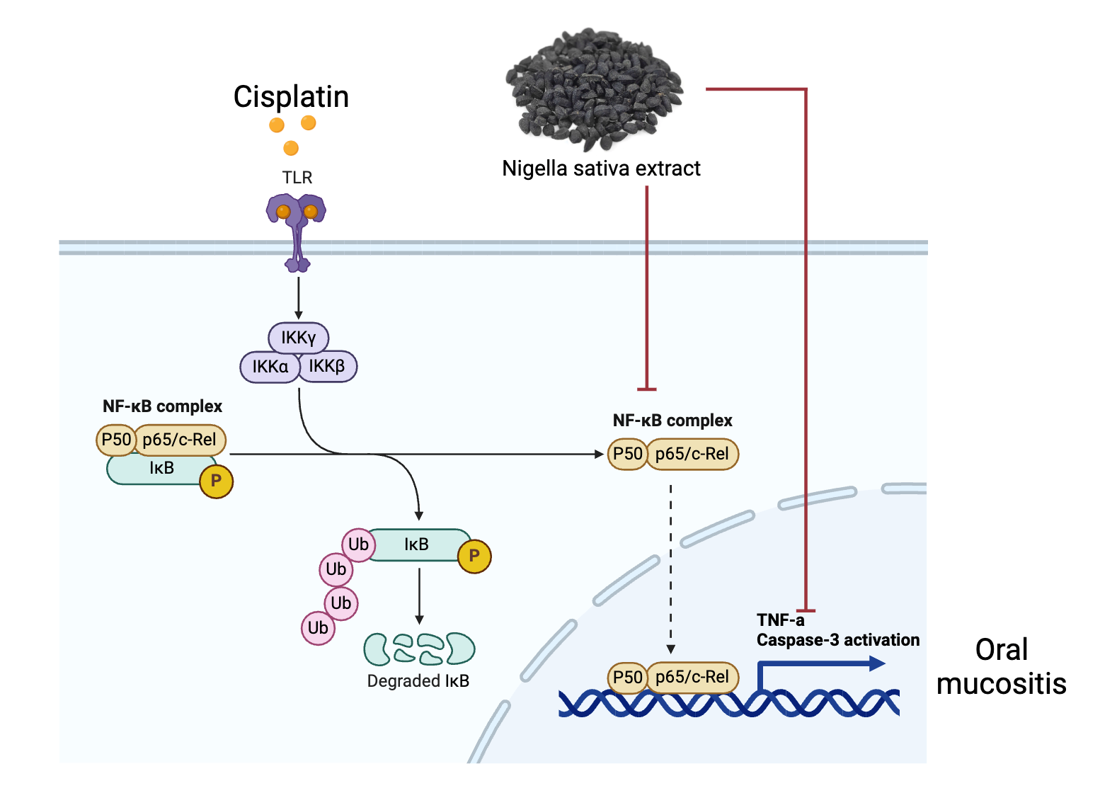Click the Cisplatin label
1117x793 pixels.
coord(291,97)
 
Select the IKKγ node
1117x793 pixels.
coord(298,338)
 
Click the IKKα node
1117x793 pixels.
coord(270,367)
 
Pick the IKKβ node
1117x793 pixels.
coord(327,366)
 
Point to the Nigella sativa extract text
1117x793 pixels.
coord(601,169)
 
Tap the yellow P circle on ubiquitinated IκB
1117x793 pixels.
coord(474,556)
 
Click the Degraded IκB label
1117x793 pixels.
coord(418,681)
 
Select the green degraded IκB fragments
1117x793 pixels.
coord(418,649)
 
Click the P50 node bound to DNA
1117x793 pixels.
coord(627,677)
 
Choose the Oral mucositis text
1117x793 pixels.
coord(1001,667)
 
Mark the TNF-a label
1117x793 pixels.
coord(780,620)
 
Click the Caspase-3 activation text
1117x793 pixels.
coord(837,640)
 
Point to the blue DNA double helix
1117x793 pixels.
coord(729,703)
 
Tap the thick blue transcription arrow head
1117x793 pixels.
coord(877,663)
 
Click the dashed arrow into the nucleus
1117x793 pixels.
coord(670,566)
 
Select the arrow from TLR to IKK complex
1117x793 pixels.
coord(299,297)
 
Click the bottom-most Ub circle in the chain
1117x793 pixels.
coord(318,628)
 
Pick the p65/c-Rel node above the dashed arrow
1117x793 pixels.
coord(692,454)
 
